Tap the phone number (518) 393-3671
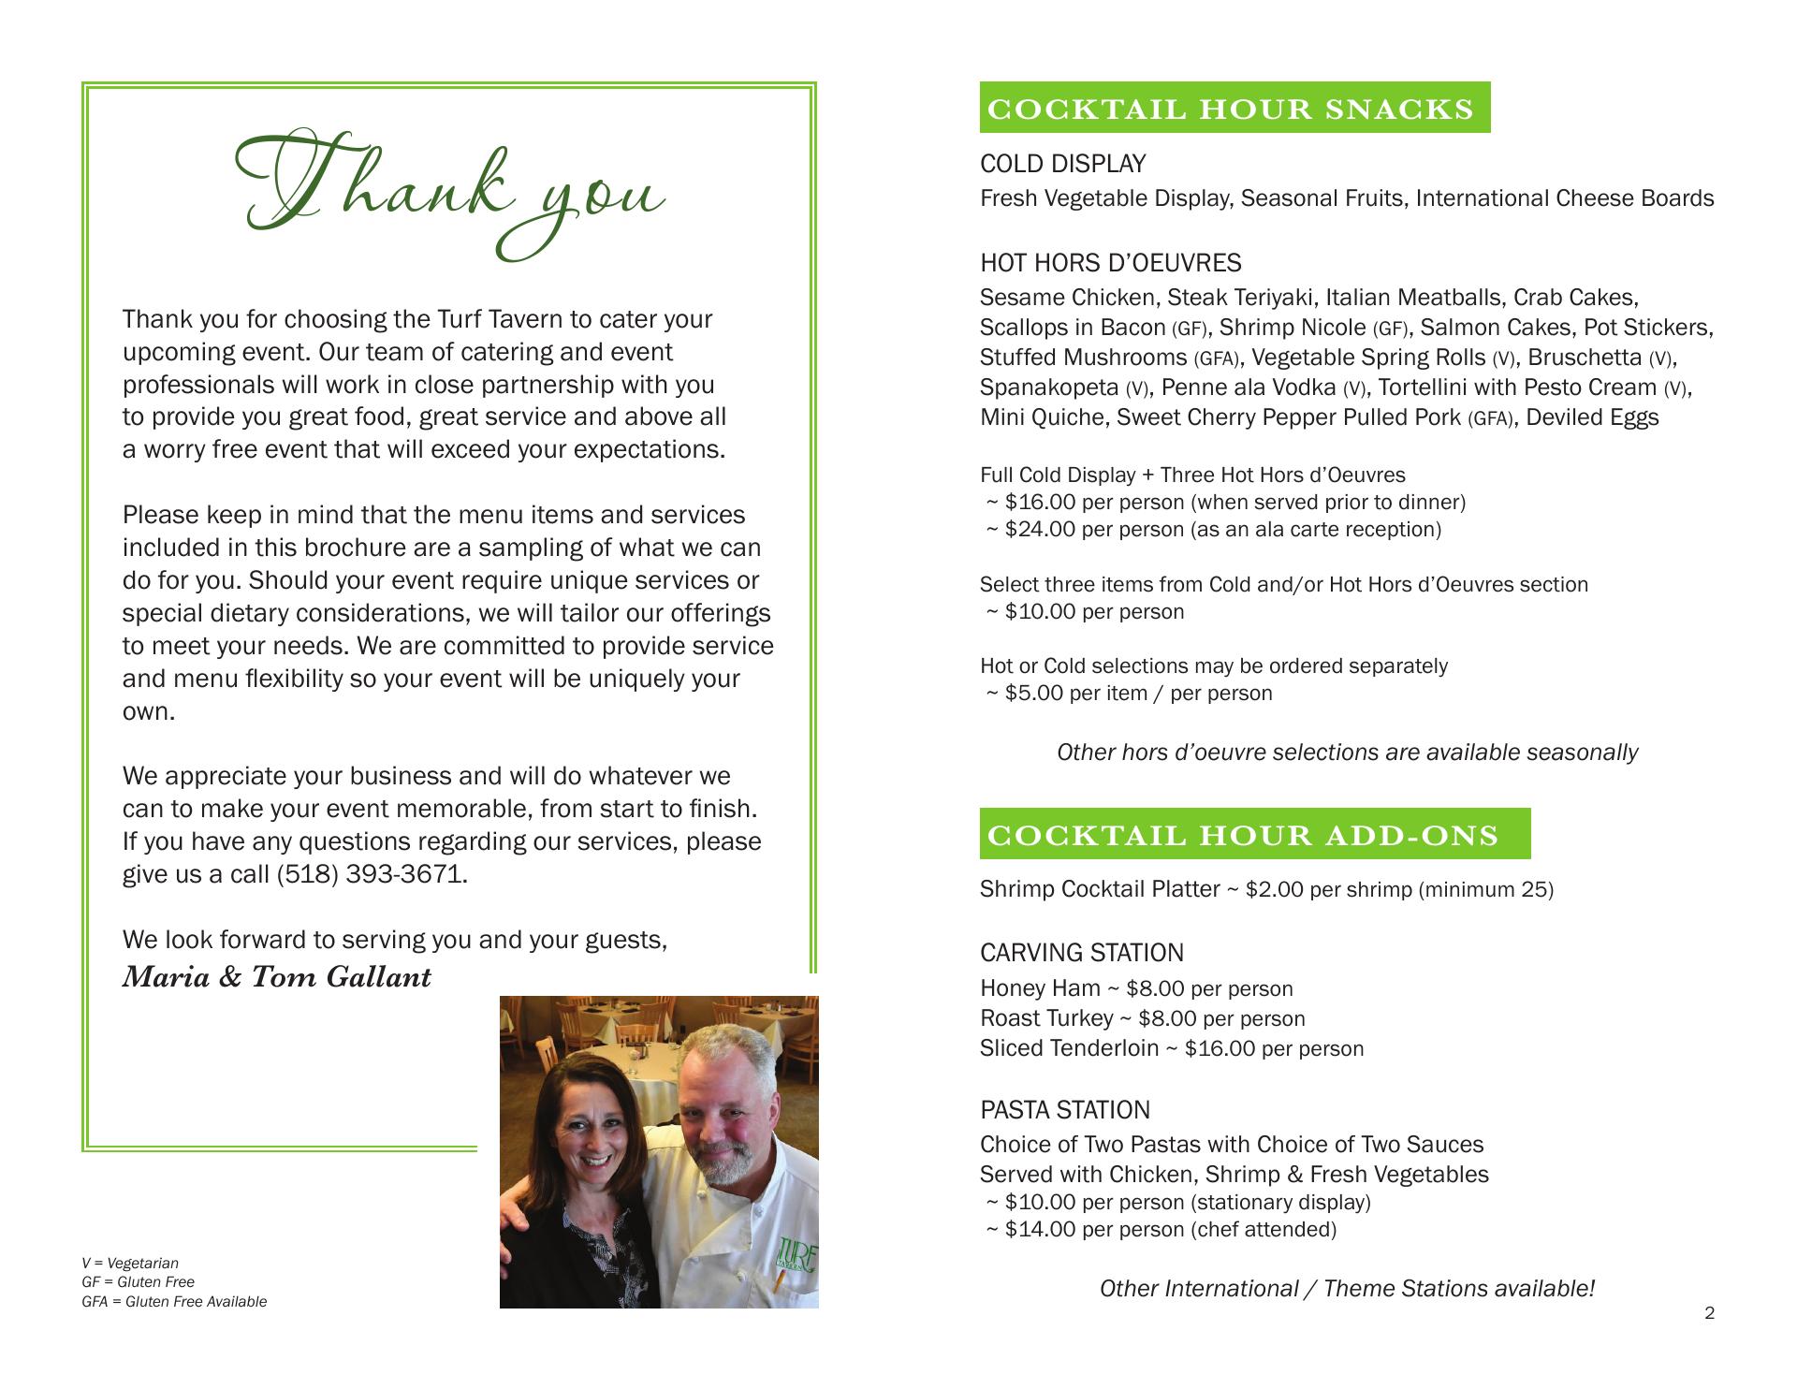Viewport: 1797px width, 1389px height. (x=371, y=874)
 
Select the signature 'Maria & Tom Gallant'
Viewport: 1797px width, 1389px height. (x=277, y=977)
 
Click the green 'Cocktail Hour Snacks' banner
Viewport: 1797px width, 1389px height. (x=1234, y=109)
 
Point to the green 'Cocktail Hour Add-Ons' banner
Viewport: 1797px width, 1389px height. (x=1254, y=834)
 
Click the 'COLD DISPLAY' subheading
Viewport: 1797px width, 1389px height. (x=1062, y=164)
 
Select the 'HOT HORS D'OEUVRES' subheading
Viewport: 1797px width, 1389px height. (x=1110, y=263)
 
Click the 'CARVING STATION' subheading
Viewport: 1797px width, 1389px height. (x=1081, y=953)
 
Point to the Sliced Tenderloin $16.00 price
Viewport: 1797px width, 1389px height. (x=1219, y=1048)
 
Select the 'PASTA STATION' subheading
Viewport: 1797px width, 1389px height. (x=1064, y=1110)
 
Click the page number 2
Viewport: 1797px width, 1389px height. (x=1709, y=1313)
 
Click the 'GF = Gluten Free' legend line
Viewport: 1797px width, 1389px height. (x=139, y=1282)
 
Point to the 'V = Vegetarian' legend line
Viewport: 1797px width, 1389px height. (x=130, y=1264)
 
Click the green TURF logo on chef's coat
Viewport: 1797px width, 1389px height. (x=796, y=1252)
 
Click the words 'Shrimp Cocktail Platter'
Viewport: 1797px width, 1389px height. (x=1099, y=889)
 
